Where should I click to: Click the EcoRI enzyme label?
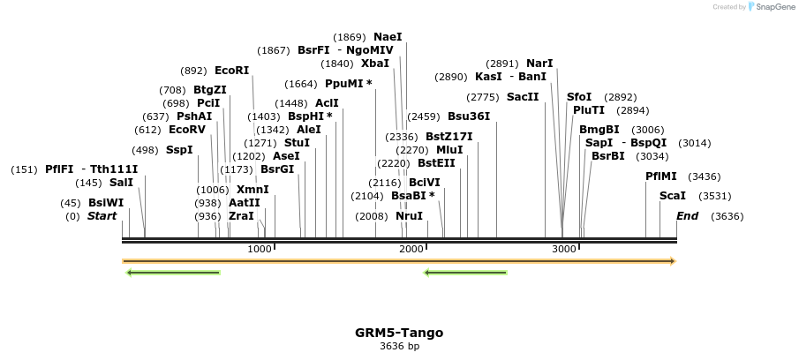point(231,71)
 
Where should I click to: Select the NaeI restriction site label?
point(388,37)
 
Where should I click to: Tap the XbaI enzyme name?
point(374,64)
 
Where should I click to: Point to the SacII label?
point(522,97)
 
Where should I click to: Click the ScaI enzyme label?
point(673,196)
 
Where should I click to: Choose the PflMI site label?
point(661,176)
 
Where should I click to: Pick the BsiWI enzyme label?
point(106,203)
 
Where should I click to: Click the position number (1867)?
point(274,50)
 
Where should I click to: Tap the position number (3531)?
point(714,196)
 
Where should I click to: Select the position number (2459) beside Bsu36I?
point(424,116)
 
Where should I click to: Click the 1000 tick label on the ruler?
point(260,250)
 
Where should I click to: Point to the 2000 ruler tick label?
point(412,250)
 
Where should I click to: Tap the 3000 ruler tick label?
point(564,250)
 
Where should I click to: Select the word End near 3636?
point(687,216)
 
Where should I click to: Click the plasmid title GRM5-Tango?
point(399,333)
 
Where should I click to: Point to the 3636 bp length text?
point(399,346)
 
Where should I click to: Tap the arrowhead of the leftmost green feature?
point(130,273)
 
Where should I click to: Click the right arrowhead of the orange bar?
point(673,261)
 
